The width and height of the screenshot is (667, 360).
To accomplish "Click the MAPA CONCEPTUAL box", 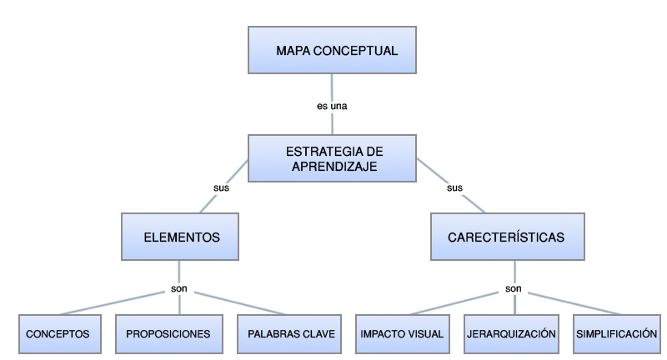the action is pyautogui.click(x=332, y=50).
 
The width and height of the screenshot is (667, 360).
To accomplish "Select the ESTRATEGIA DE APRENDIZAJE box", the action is pyautogui.click(x=332, y=158).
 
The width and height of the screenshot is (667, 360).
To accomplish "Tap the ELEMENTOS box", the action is pyautogui.click(x=180, y=237).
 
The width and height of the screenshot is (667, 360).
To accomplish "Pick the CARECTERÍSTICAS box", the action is pyautogui.click(x=508, y=237).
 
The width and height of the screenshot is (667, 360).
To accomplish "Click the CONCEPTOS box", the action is pyautogui.click(x=60, y=334).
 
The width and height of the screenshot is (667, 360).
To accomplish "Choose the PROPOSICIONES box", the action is pyautogui.click(x=169, y=334).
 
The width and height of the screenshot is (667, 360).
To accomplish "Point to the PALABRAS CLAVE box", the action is pyautogui.click(x=289, y=334).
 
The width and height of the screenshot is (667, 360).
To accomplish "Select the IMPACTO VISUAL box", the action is pyautogui.click(x=403, y=334).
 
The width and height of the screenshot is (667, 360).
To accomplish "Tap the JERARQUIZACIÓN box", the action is pyautogui.click(x=511, y=334).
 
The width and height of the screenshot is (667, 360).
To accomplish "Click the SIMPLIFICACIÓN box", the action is pyautogui.click(x=617, y=334).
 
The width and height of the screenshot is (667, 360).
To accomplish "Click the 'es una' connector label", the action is pyautogui.click(x=332, y=107).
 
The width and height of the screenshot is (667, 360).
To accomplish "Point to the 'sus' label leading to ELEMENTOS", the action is pyautogui.click(x=221, y=187).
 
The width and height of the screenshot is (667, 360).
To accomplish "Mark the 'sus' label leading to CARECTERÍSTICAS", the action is pyautogui.click(x=454, y=187).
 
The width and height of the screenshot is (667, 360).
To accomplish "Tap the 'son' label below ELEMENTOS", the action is pyautogui.click(x=179, y=288).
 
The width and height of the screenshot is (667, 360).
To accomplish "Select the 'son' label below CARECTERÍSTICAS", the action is pyautogui.click(x=514, y=288).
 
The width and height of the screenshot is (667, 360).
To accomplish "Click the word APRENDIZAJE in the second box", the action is pyautogui.click(x=334, y=167).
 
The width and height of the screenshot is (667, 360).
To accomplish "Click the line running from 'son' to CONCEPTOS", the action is pyautogui.click(x=113, y=303).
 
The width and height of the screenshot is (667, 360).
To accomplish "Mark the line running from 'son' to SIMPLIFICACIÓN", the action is pyautogui.click(x=574, y=303).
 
